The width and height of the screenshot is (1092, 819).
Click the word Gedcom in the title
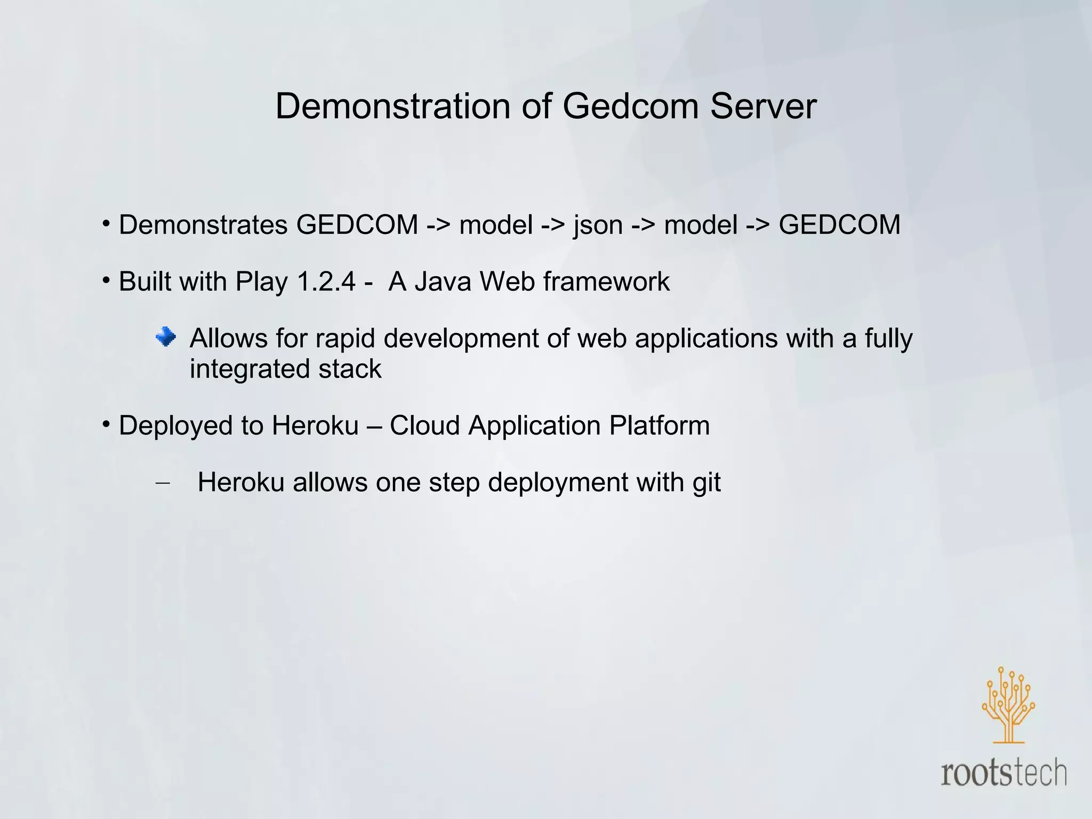(630, 106)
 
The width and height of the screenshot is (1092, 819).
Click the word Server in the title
(763, 106)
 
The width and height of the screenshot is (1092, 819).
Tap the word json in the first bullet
(598, 225)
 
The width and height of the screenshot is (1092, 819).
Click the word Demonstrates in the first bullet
(203, 225)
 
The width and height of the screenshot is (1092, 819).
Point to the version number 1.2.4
(326, 282)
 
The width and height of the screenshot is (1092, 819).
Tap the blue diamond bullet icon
(166, 337)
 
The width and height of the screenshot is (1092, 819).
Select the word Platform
(660, 425)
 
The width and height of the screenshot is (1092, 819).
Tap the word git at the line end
(706, 483)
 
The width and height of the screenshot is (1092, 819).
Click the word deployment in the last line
(557, 483)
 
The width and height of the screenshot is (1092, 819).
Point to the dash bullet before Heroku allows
(162, 483)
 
